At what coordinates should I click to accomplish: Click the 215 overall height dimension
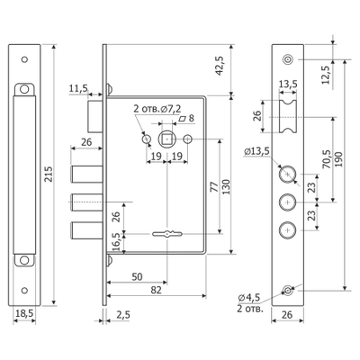click(49, 175)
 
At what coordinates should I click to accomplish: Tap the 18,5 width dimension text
click(24, 313)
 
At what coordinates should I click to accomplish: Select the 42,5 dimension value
click(220, 66)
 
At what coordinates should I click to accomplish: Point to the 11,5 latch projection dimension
click(78, 88)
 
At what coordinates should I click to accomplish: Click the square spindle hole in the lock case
click(166, 139)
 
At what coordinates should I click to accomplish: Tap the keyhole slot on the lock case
click(166, 233)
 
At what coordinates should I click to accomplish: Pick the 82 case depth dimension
click(157, 290)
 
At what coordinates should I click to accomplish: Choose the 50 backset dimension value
click(137, 276)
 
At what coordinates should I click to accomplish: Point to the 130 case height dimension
click(227, 186)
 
